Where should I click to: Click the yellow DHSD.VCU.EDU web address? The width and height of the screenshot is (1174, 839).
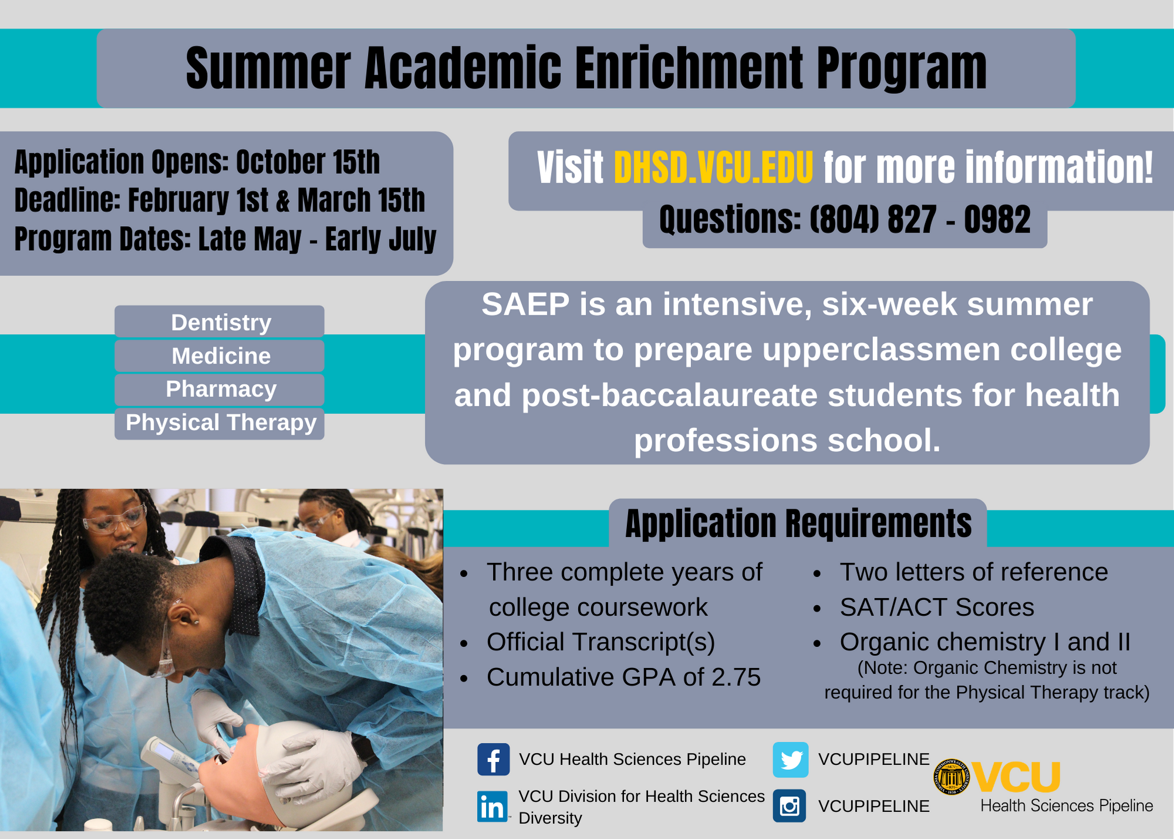click(713, 169)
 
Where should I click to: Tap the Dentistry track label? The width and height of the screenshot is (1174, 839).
click(221, 323)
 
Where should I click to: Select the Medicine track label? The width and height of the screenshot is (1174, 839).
click(221, 356)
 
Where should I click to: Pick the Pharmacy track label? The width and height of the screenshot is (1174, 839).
click(221, 390)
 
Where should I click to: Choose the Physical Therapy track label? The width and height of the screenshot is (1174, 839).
click(221, 423)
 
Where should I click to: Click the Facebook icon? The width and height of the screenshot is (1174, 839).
click(493, 760)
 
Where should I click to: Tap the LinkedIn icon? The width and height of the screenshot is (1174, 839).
click(492, 807)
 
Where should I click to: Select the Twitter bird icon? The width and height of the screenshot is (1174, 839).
click(790, 760)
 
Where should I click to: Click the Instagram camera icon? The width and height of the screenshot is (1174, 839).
click(790, 806)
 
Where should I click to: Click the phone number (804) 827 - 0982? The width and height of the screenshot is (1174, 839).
click(920, 220)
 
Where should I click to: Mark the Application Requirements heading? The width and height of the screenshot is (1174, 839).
click(798, 523)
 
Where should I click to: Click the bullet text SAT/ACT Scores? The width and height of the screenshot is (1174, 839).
click(937, 608)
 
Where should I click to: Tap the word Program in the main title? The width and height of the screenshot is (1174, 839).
click(901, 69)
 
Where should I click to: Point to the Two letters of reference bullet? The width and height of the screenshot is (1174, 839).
click(973, 572)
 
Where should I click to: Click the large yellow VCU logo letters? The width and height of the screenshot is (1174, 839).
click(1017, 777)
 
